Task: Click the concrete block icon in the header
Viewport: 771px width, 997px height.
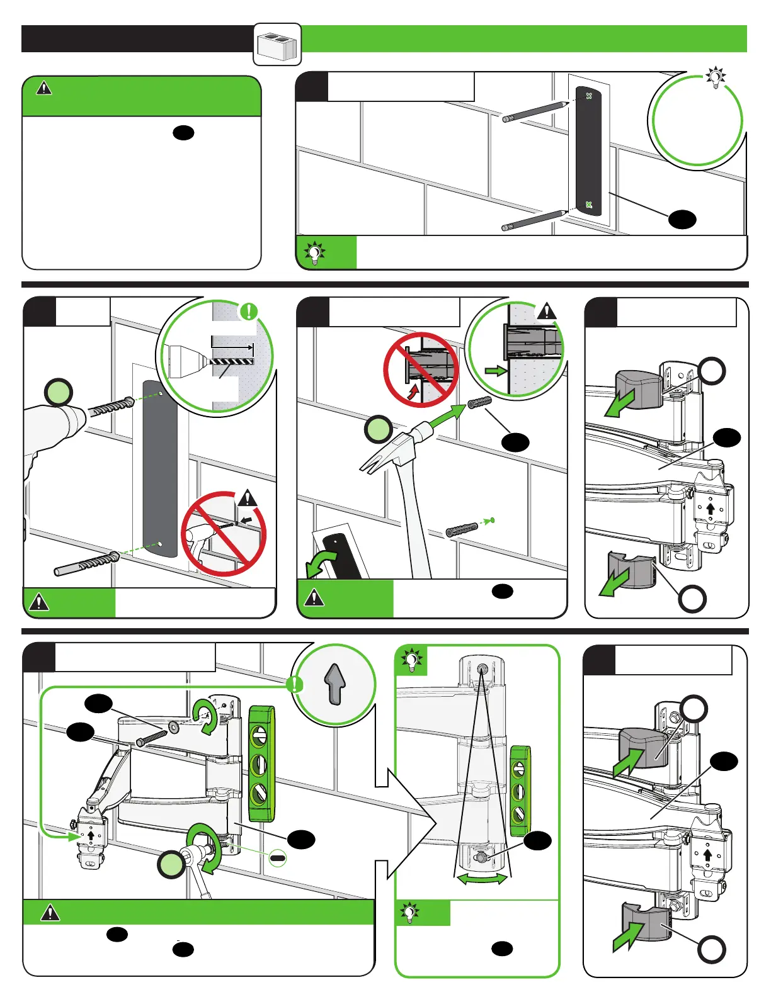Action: pos(277,45)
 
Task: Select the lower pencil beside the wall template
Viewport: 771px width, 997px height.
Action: pos(535,220)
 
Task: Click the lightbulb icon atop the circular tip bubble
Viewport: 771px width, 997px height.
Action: pos(716,77)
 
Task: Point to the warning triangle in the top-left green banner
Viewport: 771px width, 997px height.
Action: pos(44,88)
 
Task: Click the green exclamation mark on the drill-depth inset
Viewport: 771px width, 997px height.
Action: pos(249,311)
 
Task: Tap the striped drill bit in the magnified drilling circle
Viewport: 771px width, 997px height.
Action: pos(231,361)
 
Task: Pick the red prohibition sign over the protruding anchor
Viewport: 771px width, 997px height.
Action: pos(421,369)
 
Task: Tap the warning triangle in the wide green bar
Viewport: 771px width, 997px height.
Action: pos(50,912)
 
